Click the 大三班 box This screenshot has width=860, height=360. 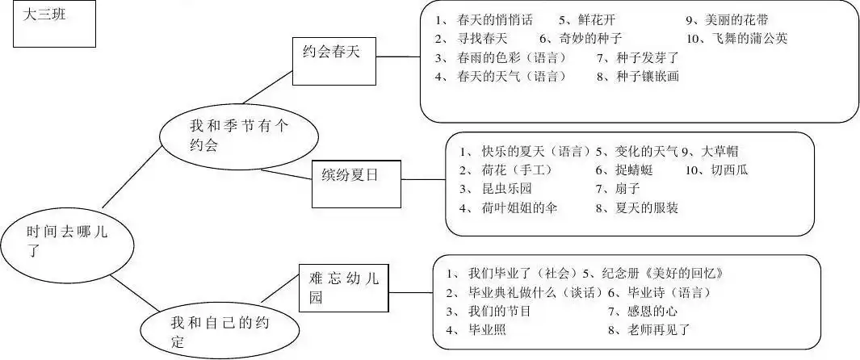point(53,25)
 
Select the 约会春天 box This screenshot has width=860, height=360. point(334,62)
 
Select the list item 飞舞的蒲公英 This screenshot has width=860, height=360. point(748,38)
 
